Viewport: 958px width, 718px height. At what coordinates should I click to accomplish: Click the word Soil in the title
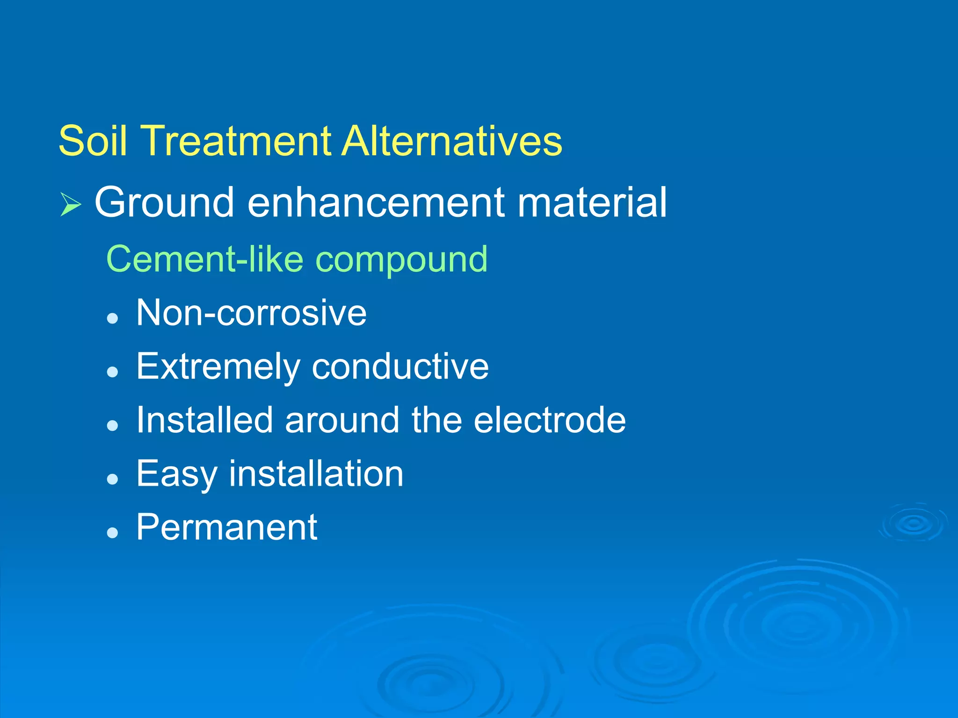[x=93, y=141]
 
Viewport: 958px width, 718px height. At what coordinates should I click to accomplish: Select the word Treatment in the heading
[x=235, y=141]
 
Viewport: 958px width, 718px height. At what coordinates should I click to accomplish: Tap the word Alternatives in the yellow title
[x=452, y=141]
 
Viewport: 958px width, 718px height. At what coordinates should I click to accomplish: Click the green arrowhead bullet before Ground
[x=71, y=204]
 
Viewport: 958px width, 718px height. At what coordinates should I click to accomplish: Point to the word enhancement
[x=376, y=202]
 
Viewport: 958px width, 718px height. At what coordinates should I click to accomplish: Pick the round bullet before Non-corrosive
[x=112, y=319]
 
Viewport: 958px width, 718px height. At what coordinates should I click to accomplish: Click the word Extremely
[x=218, y=367]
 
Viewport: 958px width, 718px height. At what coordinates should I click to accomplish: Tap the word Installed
[x=204, y=419]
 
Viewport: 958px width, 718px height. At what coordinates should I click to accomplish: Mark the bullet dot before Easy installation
[x=112, y=479]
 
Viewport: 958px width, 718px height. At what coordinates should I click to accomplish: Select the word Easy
[x=177, y=474]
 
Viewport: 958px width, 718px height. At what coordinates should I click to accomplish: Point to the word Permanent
[x=227, y=527]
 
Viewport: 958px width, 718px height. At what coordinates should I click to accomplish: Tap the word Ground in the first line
[x=164, y=202]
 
